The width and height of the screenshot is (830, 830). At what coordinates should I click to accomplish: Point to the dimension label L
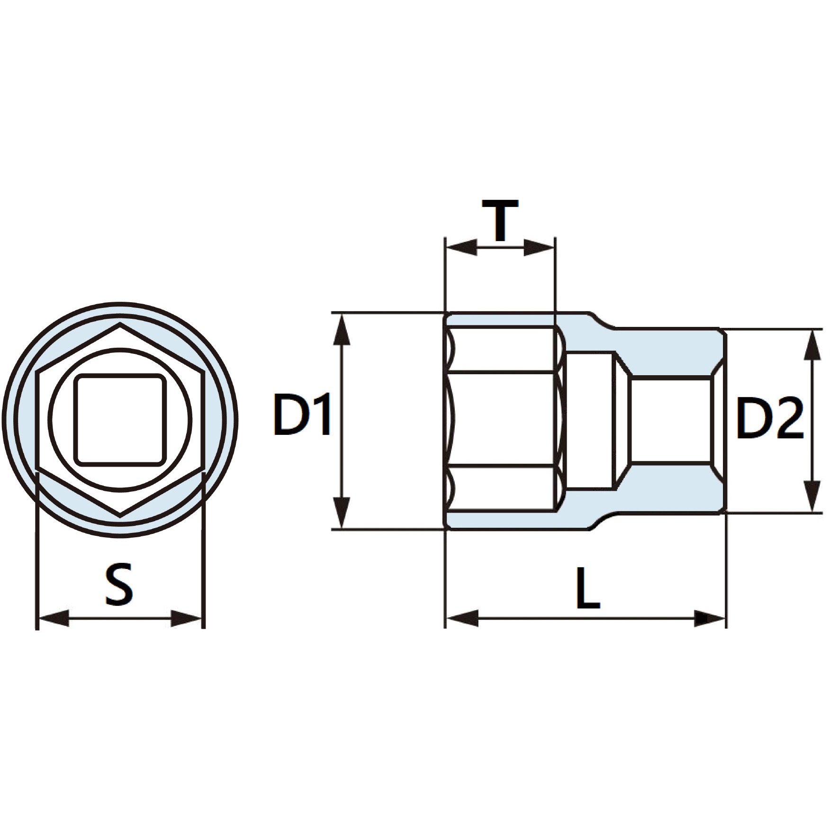(588, 589)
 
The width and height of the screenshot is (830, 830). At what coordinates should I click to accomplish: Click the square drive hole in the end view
(120, 418)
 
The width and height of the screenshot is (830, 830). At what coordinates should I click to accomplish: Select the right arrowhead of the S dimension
(186, 618)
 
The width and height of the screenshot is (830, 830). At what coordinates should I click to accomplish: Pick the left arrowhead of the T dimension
(461, 247)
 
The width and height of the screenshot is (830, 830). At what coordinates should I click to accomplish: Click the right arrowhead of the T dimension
(538, 247)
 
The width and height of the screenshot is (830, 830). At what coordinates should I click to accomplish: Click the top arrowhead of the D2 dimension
(813, 346)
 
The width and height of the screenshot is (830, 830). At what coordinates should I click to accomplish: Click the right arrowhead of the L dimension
(709, 618)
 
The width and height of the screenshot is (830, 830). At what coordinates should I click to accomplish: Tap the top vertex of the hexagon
(120, 325)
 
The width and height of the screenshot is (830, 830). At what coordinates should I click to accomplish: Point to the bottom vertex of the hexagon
(120, 514)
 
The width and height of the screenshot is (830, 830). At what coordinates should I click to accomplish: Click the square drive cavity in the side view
(670, 419)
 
